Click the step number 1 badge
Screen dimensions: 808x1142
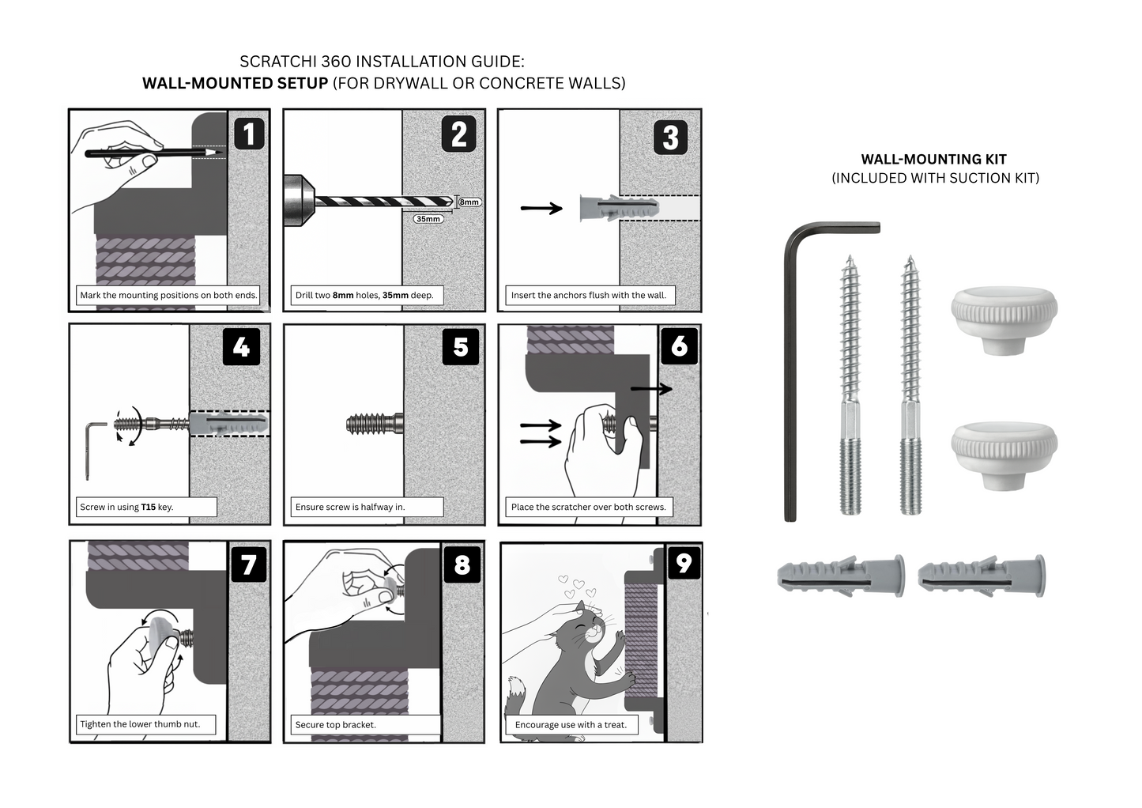[248, 134]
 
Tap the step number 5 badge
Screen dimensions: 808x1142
[461, 347]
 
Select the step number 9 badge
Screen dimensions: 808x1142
[684, 563]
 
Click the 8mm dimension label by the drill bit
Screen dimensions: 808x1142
[469, 202]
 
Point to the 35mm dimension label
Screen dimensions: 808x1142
[428, 219]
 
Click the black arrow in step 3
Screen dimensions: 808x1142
[541, 208]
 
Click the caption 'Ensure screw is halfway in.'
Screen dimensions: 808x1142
[350, 507]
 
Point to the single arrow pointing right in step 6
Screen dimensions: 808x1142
[650, 389]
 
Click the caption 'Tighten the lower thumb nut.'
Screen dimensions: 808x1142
[140, 724]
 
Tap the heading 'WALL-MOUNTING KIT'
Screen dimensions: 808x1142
[933, 160]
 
